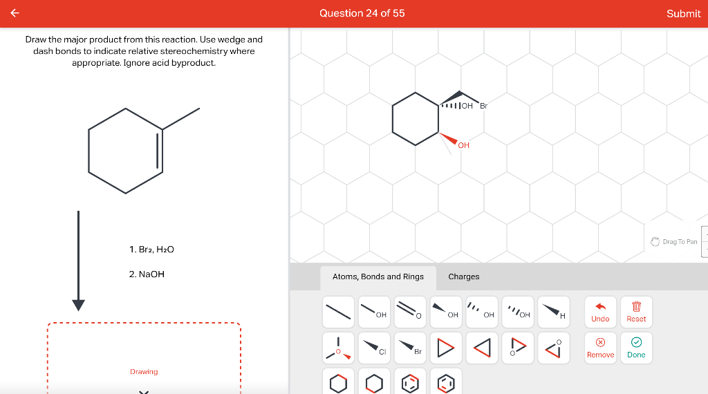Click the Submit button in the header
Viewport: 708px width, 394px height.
coord(683,14)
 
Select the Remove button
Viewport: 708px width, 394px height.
coord(600,346)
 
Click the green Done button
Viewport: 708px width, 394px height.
coord(636,346)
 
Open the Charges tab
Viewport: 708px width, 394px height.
coord(463,276)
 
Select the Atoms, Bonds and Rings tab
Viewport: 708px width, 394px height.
coord(378,276)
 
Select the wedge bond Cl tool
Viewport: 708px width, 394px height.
coord(374,346)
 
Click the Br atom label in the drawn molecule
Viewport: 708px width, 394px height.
coord(483,106)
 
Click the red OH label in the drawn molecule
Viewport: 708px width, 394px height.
coord(463,145)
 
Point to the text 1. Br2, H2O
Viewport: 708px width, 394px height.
coord(151,249)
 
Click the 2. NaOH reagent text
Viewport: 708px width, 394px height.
coord(147,274)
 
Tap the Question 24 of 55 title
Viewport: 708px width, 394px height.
coord(362,13)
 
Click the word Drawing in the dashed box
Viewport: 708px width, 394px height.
coord(144,372)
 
